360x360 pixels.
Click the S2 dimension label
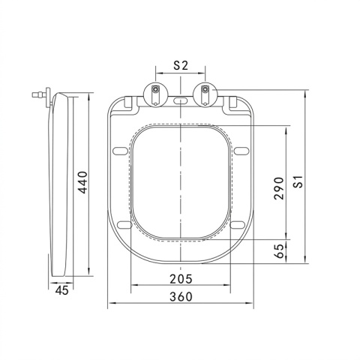click(181, 65)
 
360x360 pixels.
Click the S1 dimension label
click(298, 181)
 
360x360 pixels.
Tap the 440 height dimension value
click(82, 182)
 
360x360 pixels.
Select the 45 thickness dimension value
click(61, 290)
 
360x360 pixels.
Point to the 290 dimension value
click(279, 188)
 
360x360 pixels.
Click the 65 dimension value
click(279, 250)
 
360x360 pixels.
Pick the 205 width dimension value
click(181, 279)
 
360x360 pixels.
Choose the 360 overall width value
click(181, 297)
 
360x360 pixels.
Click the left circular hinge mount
click(155, 94)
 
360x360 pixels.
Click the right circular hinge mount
click(205, 94)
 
